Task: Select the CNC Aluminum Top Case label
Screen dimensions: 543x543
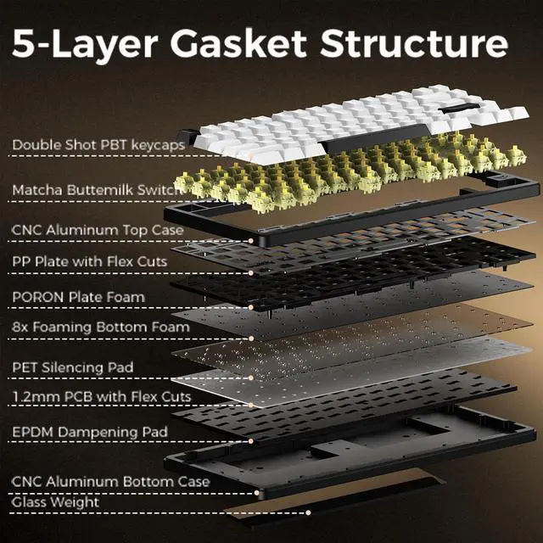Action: tap(98, 229)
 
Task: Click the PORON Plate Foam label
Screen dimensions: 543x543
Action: tap(78, 297)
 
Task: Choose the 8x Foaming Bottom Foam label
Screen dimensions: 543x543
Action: tap(101, 325)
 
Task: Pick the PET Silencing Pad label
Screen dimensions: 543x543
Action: tap(72, 367)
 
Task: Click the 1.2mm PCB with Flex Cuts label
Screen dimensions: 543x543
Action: tap(101, 396)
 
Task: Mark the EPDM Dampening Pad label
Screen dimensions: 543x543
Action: tap(89, 432)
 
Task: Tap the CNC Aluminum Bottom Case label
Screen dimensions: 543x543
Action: tap(110, 481)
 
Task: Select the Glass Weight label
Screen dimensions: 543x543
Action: tap(55, 502)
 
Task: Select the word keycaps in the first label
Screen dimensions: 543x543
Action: tap(153, 146)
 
